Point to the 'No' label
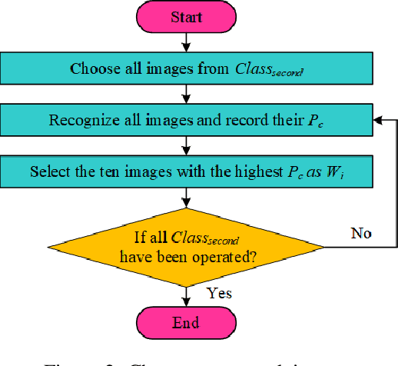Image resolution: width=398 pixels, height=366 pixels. pos(362,232)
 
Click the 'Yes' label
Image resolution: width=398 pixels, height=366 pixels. pos(220,294)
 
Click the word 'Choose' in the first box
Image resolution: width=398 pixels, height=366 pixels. pos(91,68)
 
